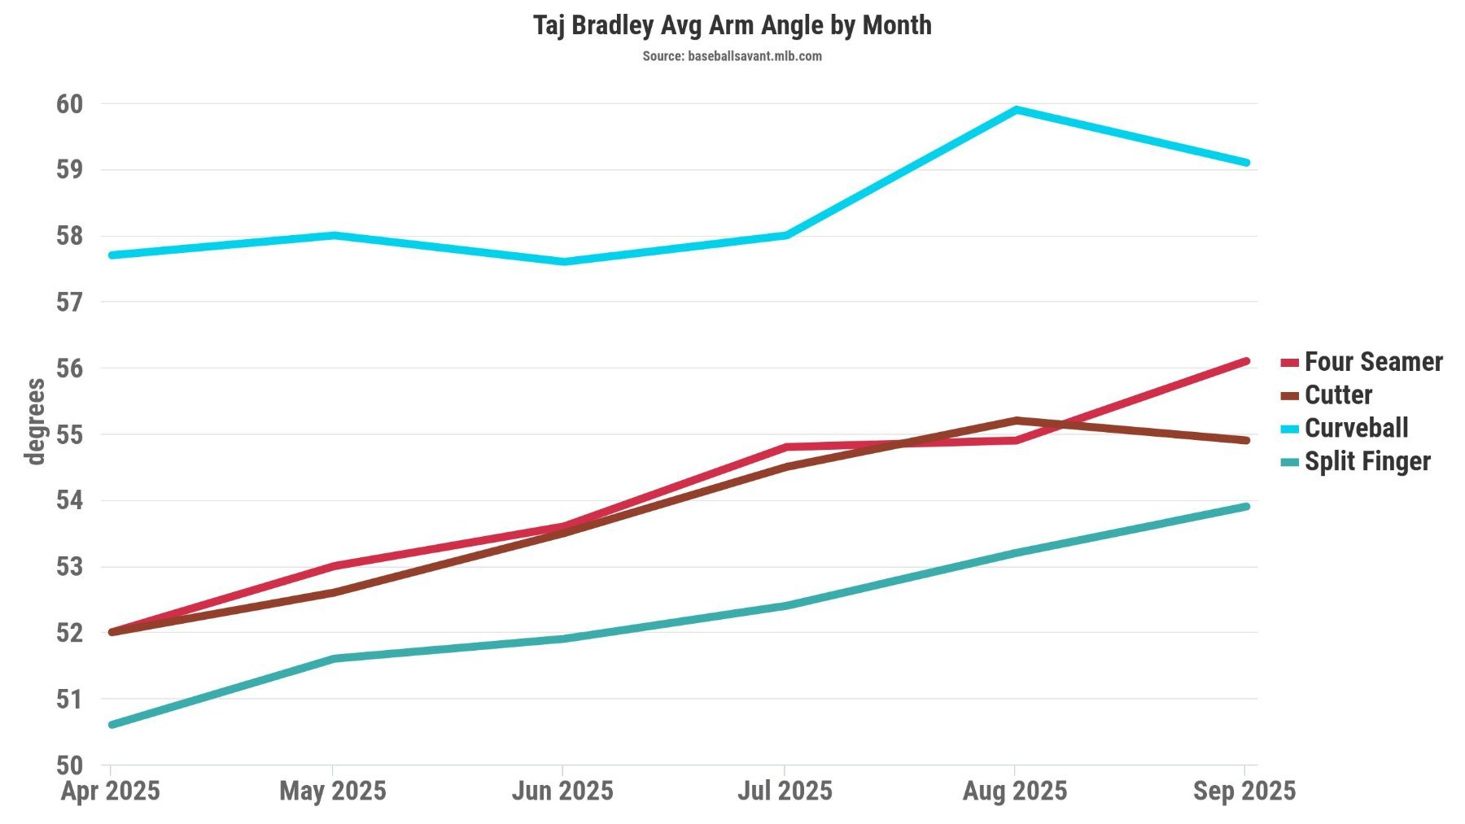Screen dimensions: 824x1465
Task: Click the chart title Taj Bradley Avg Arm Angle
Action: click(732, 25)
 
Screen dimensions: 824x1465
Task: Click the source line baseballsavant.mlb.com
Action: click(732, 56)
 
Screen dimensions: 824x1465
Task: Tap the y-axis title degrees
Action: click(35, 421)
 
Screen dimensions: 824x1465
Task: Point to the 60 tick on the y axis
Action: click(70, 104)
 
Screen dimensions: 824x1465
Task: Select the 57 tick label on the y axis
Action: click(70, 303)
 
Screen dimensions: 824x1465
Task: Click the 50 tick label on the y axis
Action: click(70, 765)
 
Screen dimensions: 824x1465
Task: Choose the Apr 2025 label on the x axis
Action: click(111, 791)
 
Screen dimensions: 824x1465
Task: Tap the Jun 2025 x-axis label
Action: click(562, 791)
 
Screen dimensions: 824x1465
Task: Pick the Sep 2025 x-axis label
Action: click(1244, 791)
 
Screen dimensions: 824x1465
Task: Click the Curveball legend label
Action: click(1356, 428)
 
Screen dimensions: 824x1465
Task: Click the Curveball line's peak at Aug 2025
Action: click(1016, 110)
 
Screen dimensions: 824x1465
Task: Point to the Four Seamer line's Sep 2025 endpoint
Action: click(1245, 361)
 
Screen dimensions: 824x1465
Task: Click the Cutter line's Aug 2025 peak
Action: click(1016, 421)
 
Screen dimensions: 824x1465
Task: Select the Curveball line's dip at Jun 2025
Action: click(563, 262)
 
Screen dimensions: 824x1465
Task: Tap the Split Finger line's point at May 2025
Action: click(334, 658)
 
